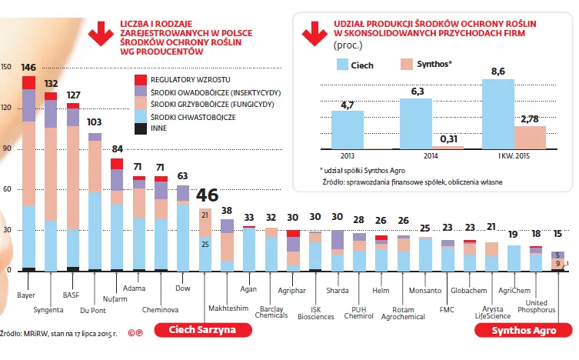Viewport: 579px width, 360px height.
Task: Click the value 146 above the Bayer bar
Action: pos(29,68)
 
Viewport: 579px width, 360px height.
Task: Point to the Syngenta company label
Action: pos(49,311)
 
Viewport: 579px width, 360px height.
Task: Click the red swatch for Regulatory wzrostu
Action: pos(140,79)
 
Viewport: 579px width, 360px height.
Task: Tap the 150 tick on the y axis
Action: pos(6,67)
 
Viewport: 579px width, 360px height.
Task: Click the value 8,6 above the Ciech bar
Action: pos(497,72)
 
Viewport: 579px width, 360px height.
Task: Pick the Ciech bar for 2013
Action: pos(347,129)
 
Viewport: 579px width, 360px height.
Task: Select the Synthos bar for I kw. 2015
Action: pos(530,137)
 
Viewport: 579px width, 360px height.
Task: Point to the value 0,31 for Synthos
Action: pos(449,139)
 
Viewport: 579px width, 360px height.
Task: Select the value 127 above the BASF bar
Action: pos(74,95)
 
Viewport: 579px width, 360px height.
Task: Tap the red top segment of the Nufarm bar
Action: pos(117,163)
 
